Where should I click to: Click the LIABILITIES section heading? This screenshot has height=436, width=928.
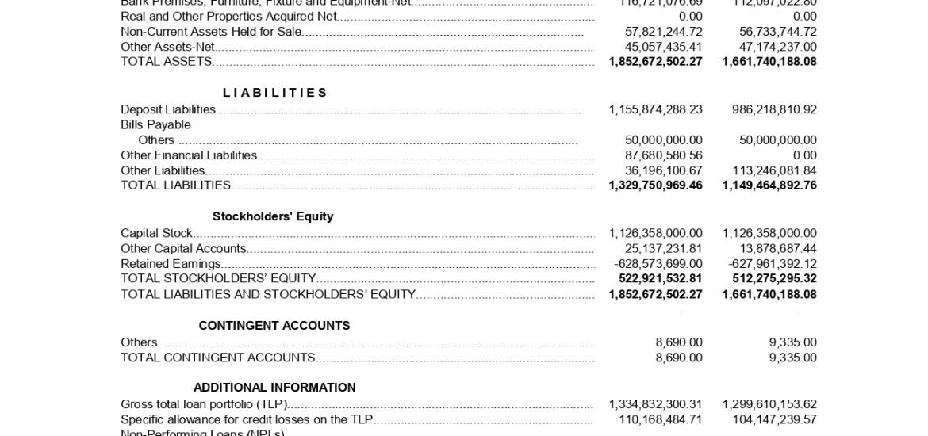(x=274, y=93)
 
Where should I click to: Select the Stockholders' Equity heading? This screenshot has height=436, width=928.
(x=273, y=216)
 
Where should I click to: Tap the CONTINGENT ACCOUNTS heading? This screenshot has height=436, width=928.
(x=274, y=326)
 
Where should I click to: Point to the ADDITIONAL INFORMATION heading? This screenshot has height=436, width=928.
(x=274, y=388)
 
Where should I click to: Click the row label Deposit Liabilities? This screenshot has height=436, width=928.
(x=168, y=109)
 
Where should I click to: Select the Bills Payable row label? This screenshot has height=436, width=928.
(x=155, y=124)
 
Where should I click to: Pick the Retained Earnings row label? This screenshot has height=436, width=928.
(x=171, y=264)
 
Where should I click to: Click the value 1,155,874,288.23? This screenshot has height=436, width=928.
(x=655, y=109)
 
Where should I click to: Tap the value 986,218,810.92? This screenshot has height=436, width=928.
(x=774, y=109)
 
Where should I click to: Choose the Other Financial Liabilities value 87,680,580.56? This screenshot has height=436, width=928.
(x=663, y=155)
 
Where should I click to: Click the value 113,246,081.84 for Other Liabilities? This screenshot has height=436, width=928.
(x=774, y=170)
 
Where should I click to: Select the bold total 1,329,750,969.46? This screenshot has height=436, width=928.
(x=655, y=185)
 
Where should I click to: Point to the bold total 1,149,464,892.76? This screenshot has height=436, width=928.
(x=769, y=185)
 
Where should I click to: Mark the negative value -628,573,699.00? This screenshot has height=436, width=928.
(x=658, y=264)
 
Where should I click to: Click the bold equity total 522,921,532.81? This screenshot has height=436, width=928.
(x=661, y=279)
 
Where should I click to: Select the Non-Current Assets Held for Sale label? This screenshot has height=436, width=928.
(x=211, y=32)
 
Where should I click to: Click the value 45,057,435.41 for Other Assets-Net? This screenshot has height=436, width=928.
(x=663, y=47)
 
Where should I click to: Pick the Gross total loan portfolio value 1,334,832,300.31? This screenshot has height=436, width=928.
(x=655, y=404)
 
